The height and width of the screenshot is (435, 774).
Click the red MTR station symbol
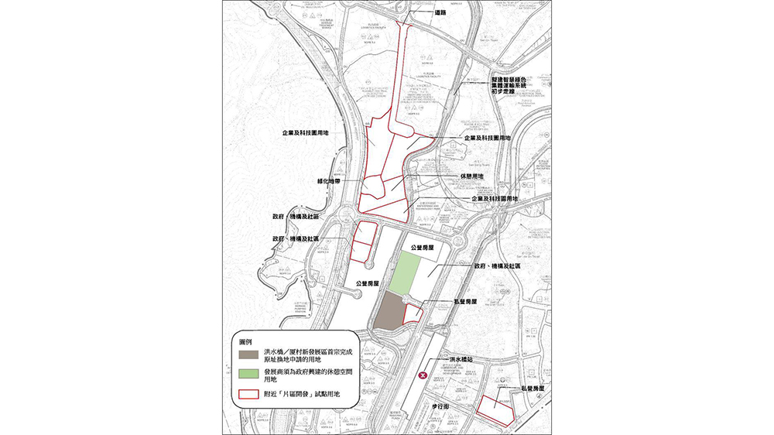[x=423, y=375]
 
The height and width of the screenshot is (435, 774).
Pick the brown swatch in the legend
[x=248, y=355]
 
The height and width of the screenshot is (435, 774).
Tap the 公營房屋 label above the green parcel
[x=420, y=246]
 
